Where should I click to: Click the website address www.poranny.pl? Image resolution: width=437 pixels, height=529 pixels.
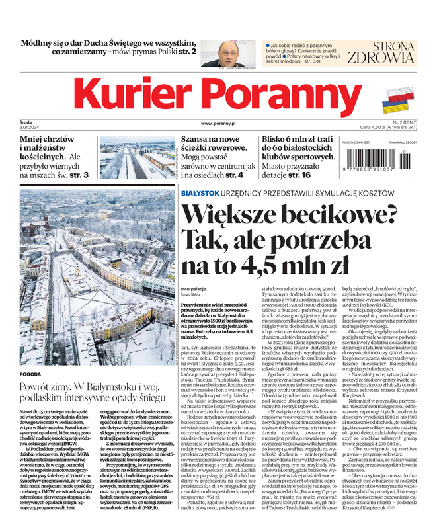click(218, 124)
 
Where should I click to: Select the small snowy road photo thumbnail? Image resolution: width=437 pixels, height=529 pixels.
click(138, 157)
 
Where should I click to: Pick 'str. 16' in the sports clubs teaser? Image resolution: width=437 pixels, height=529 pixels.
click(297, 175)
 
